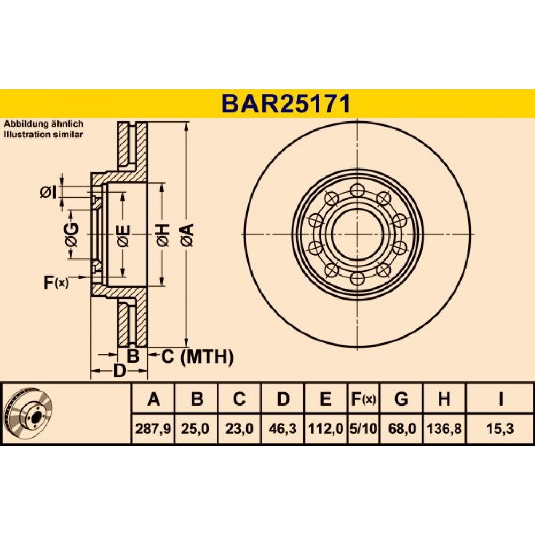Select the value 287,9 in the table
coord(153,429)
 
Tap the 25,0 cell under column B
coord(195,429)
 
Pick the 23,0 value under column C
coord(240,429)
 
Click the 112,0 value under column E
coord(325,429)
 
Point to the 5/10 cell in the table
coord(364,429)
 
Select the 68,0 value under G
coord(402,429)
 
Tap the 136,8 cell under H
coord(444,429)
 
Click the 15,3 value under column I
coord(501,429)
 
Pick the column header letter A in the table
coord(154,399)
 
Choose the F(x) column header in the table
coord(363,399)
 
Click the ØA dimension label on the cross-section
coord(188,234)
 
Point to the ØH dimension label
coord(163,235)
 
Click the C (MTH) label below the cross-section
coord(197,357)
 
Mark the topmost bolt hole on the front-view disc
coord(357,190)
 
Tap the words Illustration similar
coord(43,134)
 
